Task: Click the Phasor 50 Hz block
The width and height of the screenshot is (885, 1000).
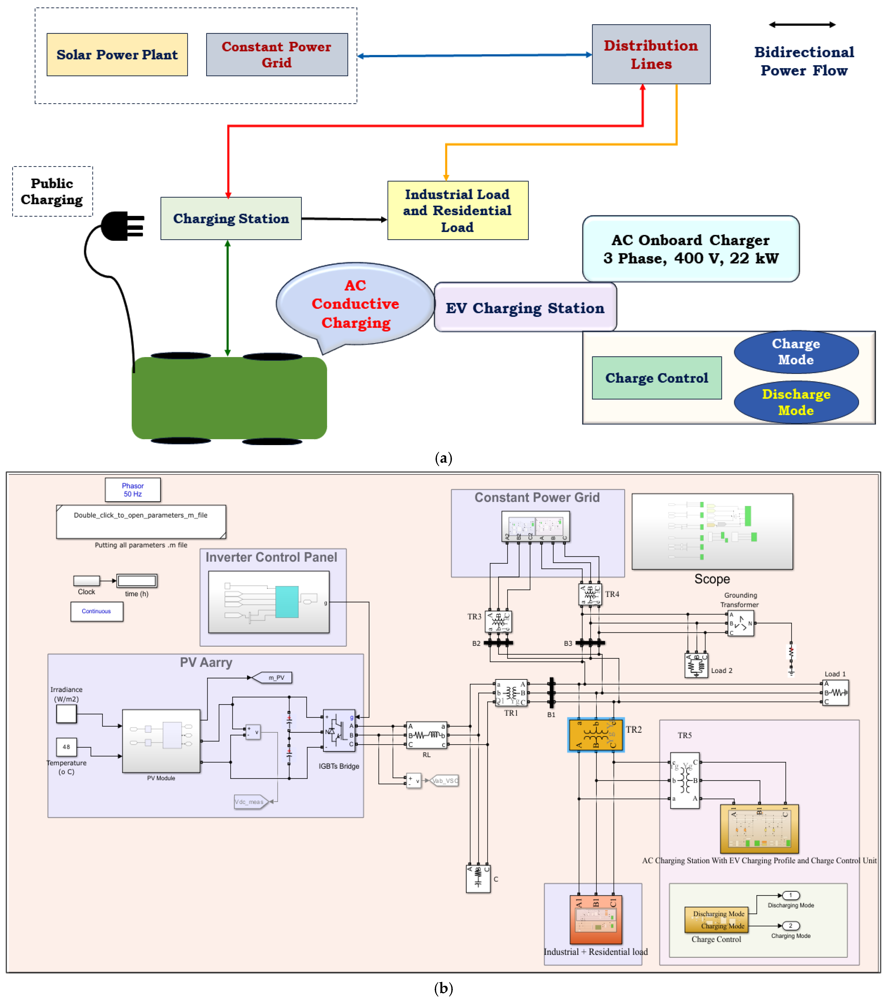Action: point(133,490)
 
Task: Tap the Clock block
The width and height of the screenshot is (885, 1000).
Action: point(87,581)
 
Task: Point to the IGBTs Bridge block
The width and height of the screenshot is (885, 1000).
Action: point(339,730)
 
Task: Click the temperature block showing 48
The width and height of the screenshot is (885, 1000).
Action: point(66,747)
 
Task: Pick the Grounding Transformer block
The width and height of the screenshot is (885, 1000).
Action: point(741,623)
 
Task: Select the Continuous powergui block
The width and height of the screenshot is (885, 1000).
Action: point(97,612)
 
